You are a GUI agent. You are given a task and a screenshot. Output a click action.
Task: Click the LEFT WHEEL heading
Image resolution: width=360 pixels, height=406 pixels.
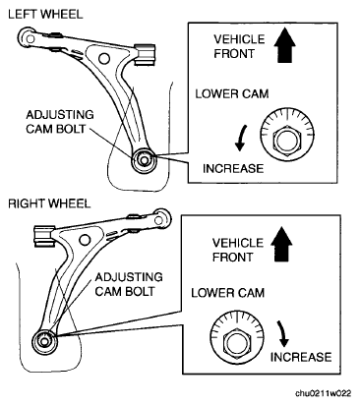pyautogui.click(x=45, y=15)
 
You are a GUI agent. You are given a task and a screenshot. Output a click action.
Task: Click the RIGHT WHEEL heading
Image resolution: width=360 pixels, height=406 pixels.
pyautogui.click(x=49, y=203)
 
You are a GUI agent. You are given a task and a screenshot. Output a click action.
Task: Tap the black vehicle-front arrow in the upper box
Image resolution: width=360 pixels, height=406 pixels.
pyautogui.click(x=284, y=45)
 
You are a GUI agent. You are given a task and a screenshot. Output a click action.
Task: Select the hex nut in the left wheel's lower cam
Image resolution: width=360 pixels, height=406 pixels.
pyautogui.click(x=287, y=141)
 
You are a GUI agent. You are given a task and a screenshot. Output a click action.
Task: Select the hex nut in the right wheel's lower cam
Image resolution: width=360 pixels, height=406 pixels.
pyautogui.click(x=237, y=342)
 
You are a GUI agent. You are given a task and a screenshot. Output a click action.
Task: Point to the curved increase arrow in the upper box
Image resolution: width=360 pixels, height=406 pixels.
pyautogui.click(x=241, y=138)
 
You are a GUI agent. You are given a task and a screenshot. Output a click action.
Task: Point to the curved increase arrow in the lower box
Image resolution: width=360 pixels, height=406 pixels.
pyautogui.click(x=282, y=333)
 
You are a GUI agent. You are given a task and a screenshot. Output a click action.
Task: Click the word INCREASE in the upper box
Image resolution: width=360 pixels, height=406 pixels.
pyautogui.click(x=233, y=168)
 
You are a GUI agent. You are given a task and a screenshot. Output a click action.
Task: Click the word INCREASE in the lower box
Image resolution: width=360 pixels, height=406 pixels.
pyautogui.click(x=301, y=357)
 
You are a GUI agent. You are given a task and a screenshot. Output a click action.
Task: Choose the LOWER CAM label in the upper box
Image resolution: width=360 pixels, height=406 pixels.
pyautogui.click(x=232, y=94)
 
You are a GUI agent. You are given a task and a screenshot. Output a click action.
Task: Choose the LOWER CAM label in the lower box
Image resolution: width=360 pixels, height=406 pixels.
pyautogui.click(x=228, y=293)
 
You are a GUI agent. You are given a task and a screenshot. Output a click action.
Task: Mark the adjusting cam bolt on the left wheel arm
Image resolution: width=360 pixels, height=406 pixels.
pyautogui.click(x=144, y=160)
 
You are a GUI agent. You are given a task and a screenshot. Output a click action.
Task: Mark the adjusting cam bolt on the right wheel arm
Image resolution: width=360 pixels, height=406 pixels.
pyautogui.click(x=44, y=342)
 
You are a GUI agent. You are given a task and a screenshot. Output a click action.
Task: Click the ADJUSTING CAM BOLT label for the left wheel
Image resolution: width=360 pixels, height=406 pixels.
pyautogui.click(x=60, y=122)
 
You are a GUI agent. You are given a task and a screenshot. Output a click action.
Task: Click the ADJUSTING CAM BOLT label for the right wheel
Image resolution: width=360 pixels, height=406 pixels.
pyautogui.click(x=129, y=284)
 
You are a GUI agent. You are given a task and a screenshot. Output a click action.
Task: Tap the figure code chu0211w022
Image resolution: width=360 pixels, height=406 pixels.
pyautogui.click(x=323, y=393)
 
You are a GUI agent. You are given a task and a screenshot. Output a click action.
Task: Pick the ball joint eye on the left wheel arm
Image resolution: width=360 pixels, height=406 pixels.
pyautogui.click(x=30, y=38)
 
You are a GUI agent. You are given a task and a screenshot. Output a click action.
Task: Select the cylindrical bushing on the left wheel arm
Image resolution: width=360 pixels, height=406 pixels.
pyautogui.click(x=145, y=54)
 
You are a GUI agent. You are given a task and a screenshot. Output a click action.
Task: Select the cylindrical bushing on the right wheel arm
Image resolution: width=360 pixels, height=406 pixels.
pyautogui.click(x=44, y=236)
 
